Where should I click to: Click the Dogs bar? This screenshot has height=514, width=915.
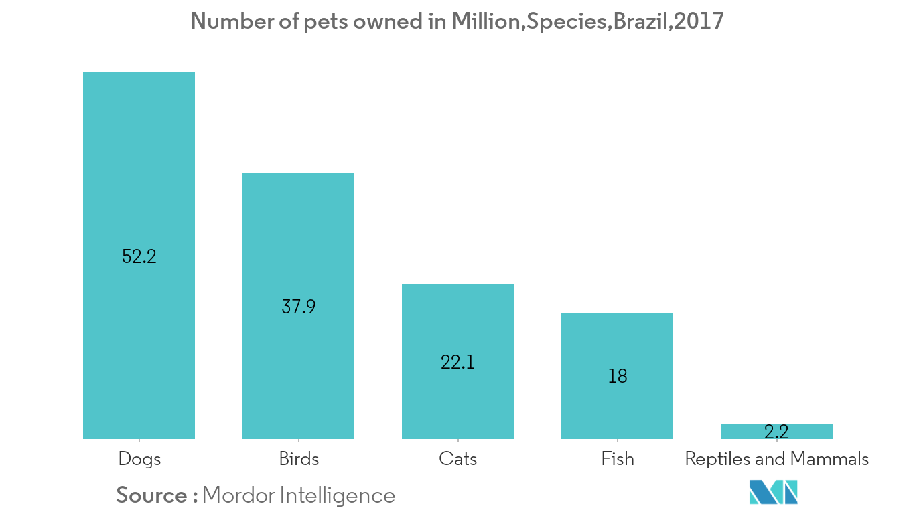pos(139,167)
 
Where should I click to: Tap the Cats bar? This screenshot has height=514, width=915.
pos(457,321)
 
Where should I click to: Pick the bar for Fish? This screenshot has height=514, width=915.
pos(617,341)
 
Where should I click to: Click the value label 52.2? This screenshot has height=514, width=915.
pos(139,256)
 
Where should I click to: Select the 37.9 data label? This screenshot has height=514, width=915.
pos(298,307)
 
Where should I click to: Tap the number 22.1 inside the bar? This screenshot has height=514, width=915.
pos(457,362)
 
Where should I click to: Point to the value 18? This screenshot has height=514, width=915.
pos(617,376)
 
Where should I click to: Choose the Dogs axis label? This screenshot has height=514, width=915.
pos(139,459)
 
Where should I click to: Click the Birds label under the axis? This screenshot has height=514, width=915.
pos(299,459)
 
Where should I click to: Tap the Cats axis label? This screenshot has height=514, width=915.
pos(458,459)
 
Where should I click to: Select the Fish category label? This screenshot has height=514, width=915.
pos(617,459)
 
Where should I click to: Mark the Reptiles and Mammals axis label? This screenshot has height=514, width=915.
pos(776,459)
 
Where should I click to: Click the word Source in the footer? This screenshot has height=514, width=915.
pos(151,495)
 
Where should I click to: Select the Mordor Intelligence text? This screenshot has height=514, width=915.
pos(298,495)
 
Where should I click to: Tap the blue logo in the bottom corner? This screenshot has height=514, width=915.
pos(774,492)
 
